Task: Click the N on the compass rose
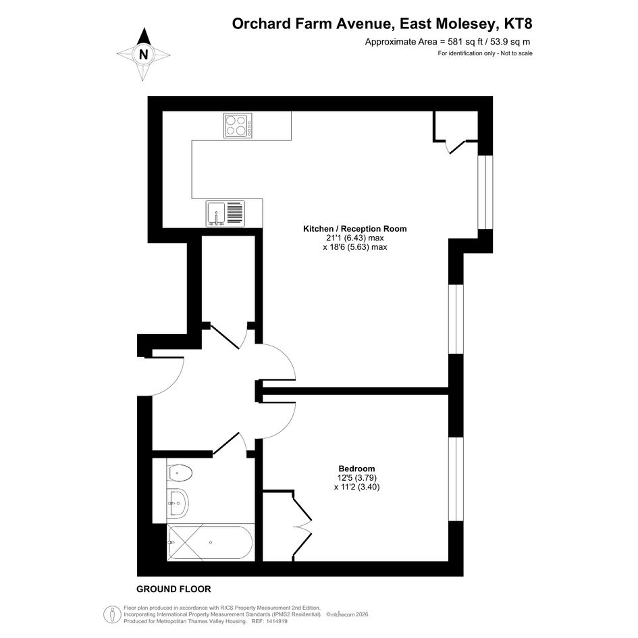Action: [143, 54]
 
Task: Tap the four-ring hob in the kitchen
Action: [238, 126]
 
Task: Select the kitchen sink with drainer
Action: [225, 213]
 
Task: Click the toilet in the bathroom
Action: [180, 473]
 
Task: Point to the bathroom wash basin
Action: [178, 503]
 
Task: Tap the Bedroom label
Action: [357, 469]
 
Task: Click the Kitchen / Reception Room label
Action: [355, 229]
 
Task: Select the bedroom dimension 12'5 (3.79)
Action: [357, 477]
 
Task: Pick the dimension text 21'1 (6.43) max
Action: [355, 238]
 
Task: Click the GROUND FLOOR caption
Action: [174, 589]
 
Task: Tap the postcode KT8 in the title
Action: [518, 24]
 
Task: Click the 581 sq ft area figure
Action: [462, 41]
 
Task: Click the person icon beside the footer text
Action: [112, 614]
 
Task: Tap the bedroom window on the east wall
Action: [456, 479]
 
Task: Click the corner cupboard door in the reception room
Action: [456, 147]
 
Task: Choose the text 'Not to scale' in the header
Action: [516, 53]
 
